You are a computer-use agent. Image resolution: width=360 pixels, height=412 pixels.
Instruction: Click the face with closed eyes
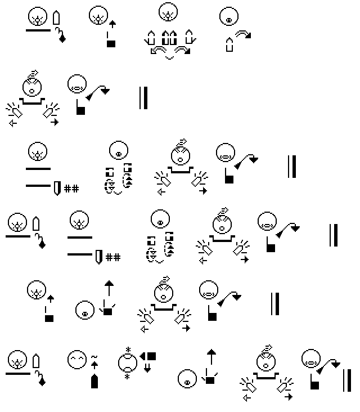pos(77,359)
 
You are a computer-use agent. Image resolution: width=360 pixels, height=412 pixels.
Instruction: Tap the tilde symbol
pos(94,357)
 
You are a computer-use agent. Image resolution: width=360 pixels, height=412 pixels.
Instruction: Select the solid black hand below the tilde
pos(94,381)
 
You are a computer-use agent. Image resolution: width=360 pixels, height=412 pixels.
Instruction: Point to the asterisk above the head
pos(128,350)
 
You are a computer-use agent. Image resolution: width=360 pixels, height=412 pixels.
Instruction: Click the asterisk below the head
pos(127,377)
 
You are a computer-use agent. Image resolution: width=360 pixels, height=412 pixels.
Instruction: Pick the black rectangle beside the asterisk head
pos(151,356)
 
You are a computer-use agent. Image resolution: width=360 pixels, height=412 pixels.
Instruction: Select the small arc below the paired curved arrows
pos(170,57)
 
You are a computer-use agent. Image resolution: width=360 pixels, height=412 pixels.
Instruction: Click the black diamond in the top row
pos(62,39)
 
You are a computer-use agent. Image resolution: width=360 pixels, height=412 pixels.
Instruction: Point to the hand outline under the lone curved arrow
pos(229,44)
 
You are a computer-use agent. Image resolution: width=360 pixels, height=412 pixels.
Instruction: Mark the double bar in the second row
pos(143,98)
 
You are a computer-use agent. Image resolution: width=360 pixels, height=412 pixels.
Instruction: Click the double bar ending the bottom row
pos(347,380)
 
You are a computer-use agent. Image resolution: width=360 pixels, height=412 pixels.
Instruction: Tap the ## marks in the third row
pos(71,189)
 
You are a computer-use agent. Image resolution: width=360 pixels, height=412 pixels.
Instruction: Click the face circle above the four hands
pos(168,12)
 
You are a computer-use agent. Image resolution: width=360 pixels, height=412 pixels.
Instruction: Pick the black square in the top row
pos(111,43)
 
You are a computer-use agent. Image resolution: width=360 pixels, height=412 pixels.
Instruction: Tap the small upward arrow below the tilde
pos(94,365)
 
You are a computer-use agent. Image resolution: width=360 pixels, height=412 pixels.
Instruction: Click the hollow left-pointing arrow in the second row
pos(13,123)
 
